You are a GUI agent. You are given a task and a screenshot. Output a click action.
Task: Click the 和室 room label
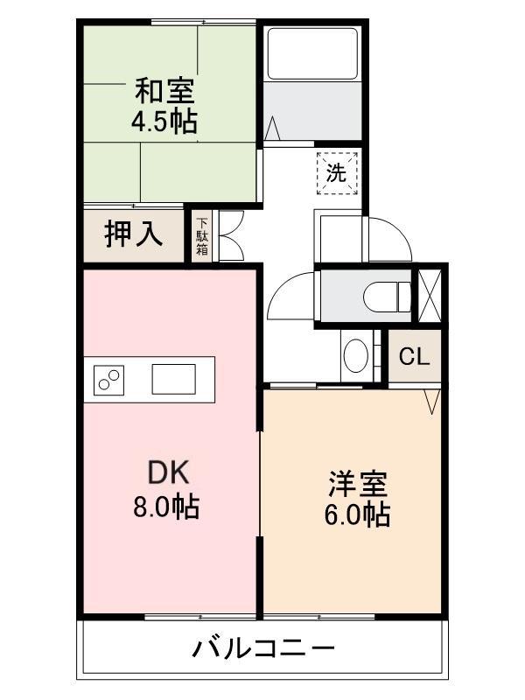coord(164,91)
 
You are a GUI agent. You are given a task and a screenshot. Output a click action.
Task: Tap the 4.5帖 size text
coord(164,121)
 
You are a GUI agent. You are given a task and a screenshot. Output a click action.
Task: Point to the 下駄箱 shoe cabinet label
coord(203,236)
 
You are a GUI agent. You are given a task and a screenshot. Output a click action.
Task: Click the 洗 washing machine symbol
coord(337,173)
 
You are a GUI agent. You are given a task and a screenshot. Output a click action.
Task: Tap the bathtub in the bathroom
coord(312,54)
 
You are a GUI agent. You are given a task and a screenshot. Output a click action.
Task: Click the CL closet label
coord(414,357)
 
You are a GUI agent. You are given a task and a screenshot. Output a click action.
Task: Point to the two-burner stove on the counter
coord(108,380)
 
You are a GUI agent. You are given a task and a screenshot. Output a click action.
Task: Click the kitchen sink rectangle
coord(173,380)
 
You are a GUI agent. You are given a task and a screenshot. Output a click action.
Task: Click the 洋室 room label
coord(358,484)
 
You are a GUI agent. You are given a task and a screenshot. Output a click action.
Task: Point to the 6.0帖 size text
coord(357,514)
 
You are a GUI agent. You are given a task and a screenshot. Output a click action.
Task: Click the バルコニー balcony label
coord(263,649)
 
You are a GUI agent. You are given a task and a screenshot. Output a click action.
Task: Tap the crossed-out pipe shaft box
coord(430,296)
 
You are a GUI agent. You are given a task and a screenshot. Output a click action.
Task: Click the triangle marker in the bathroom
coord(272,129)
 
